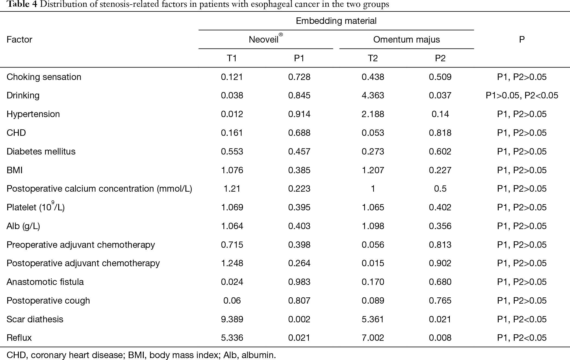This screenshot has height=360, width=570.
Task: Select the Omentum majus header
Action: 406,40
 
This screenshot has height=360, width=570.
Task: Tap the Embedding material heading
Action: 336,21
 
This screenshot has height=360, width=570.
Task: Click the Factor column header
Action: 20,40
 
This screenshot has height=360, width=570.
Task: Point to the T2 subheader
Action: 373,58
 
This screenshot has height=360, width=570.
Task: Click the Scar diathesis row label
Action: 35,319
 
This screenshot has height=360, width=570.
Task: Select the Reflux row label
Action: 19,337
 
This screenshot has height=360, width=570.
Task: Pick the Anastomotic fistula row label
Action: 45,282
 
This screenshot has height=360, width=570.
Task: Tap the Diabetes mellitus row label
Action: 41,151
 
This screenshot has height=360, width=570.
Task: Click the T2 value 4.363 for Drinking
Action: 373,95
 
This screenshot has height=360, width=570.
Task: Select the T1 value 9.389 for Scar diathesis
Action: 232,319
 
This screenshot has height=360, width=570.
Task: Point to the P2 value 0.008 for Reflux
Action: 440,337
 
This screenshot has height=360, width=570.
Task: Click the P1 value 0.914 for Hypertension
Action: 299,114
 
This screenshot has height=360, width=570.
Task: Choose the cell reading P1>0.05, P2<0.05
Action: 522,95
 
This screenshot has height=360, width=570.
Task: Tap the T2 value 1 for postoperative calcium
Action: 373,189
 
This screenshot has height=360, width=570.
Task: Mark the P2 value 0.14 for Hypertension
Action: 440,114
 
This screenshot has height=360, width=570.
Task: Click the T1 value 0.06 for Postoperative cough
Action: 232,300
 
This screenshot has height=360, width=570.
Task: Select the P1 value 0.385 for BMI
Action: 299,170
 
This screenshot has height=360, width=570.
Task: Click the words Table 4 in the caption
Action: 17,4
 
